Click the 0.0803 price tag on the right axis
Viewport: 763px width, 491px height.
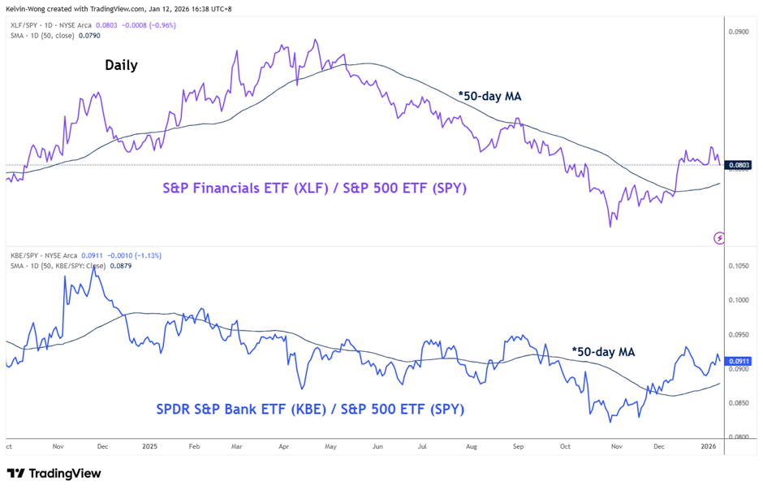[739, 165]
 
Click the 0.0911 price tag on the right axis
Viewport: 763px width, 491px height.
[739, 361]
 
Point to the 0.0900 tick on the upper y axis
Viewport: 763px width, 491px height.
[739, 33]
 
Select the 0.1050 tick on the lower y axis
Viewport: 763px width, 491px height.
[739, 266]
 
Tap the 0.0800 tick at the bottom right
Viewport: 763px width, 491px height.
[739, 437]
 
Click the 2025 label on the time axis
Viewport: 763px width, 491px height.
[149, 446]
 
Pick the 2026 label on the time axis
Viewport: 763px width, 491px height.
[709, 446]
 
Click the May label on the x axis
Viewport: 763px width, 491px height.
[330, 446]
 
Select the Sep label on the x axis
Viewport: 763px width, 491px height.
[519, 446]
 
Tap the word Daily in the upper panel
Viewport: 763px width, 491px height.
[121, 65]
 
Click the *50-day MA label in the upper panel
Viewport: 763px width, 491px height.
[489, 96]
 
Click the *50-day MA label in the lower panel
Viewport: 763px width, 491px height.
[603, 352]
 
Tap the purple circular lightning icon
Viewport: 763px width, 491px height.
[718, 237]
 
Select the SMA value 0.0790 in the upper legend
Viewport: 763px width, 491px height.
[87, 36]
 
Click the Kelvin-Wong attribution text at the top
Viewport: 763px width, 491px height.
[119, 8]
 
